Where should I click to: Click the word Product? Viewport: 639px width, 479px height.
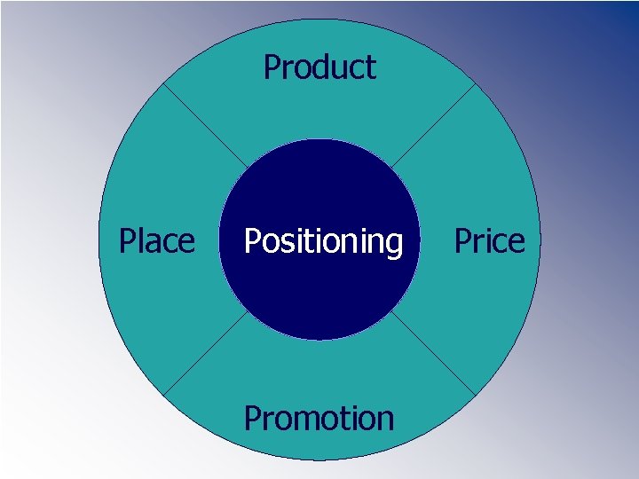click(319, 67)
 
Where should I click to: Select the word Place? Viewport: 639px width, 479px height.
click(157, 240)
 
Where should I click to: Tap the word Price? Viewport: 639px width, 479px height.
click(489, 240)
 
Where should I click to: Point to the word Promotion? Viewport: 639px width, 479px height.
click(319, 418)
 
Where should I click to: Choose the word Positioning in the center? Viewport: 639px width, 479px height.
click(323, 241)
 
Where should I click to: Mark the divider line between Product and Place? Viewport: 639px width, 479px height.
click(205, 125)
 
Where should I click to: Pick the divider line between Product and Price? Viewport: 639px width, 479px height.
click(434, 125)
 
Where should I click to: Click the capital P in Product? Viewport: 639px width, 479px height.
click(272, 67)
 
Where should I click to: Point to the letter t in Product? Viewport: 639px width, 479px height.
click(371, 68)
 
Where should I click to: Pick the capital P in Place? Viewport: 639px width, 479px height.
click(127, 240)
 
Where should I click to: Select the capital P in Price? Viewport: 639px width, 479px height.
click(462, 240)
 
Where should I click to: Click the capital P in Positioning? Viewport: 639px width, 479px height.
click(251, 240)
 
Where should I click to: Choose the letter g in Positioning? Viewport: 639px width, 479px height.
click(393, 245)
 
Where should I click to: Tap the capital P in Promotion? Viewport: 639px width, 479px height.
click(252, 418)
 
